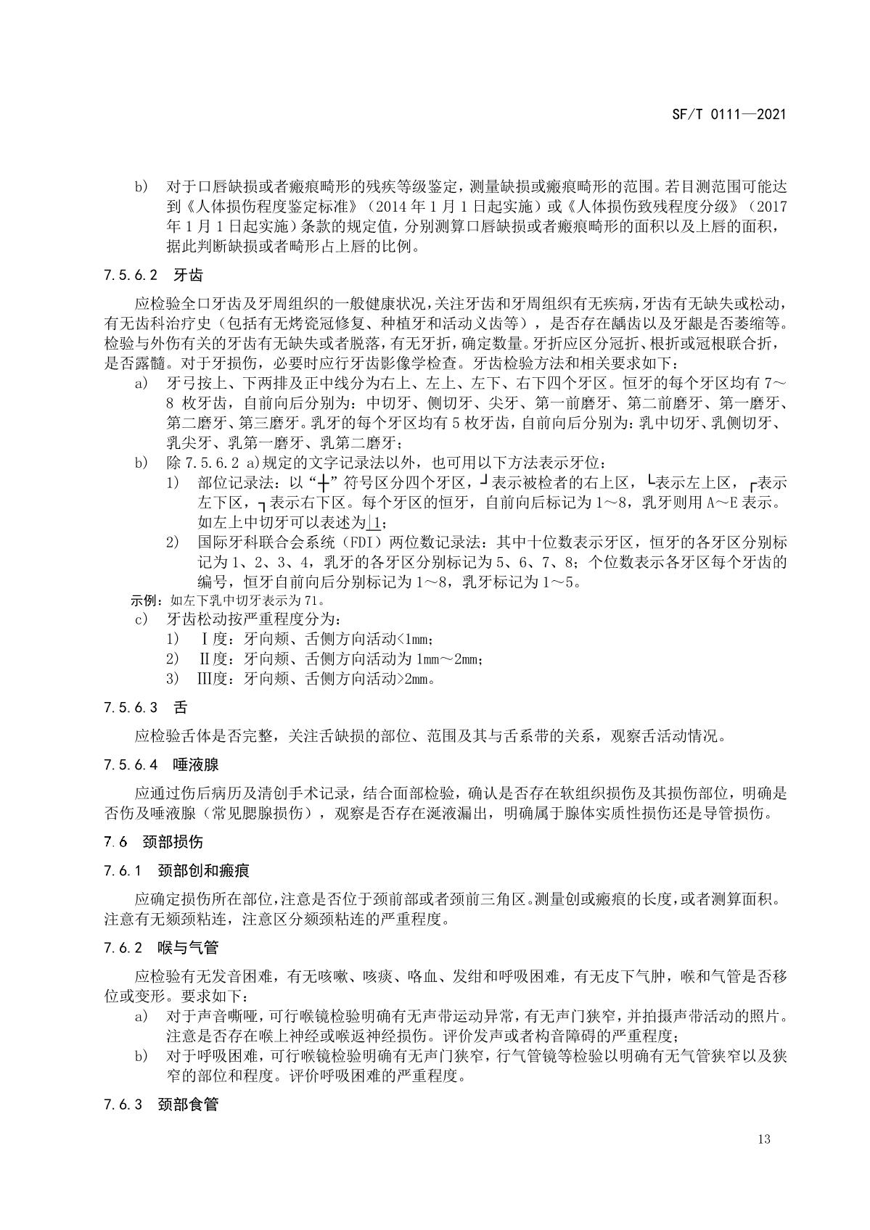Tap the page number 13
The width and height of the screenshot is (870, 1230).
point(763,1139)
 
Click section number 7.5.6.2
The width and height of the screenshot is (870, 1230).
point(131,276)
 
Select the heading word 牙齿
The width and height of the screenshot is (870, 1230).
point(188,276)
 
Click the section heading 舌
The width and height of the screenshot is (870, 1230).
point(180,706)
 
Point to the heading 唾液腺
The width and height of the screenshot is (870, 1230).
point(196,764)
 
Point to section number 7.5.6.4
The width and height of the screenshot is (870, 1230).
point(131,764)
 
